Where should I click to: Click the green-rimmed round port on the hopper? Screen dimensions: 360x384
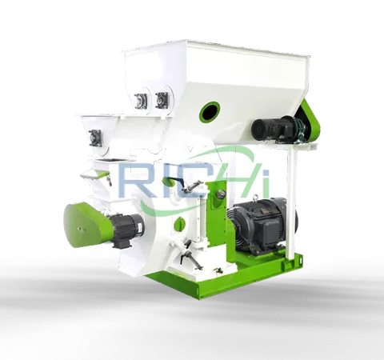click(211, 110)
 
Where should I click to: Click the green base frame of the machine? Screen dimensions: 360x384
click(240, 276)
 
